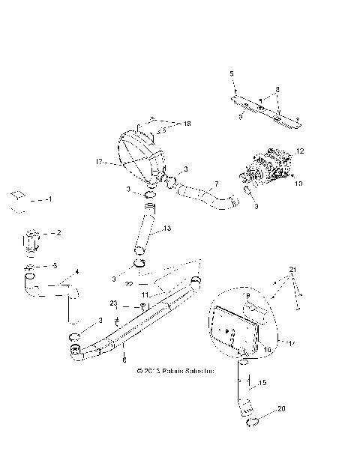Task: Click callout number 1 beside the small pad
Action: tap(49, 200)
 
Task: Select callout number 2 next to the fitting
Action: tap(58, 233)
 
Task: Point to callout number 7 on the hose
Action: tap(217, 184)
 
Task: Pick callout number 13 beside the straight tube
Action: tap(167, 229)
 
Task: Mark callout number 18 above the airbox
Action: tap(187, 122)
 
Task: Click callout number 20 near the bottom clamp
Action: tap(282, 409)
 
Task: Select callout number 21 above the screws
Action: tap(293, 269)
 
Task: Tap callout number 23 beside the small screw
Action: tap(114, 303)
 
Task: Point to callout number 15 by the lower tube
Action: tap(262, 384)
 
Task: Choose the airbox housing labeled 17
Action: tap(142, 154)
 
